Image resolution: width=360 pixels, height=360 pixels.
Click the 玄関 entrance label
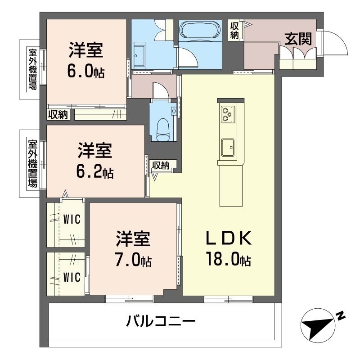point(298,39)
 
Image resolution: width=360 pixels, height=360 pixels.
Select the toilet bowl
point(163,130)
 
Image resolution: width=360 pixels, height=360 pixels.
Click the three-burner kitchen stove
point(228,115)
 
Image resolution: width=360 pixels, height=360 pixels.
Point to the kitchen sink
point(228,147)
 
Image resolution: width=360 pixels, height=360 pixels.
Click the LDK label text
point(229,238)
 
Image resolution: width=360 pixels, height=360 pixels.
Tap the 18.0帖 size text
point(229,259)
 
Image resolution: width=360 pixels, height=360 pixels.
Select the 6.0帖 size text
point(86,71)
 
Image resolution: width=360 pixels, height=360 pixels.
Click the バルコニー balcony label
point(161,321)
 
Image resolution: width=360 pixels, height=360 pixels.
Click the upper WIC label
point(72,219)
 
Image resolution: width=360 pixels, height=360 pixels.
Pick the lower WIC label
point(72,277)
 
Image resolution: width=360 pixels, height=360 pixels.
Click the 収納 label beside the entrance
point(234,31)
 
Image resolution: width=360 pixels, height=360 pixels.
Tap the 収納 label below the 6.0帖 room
point(58,114)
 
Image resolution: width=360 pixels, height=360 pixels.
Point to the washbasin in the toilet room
point(174,111)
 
